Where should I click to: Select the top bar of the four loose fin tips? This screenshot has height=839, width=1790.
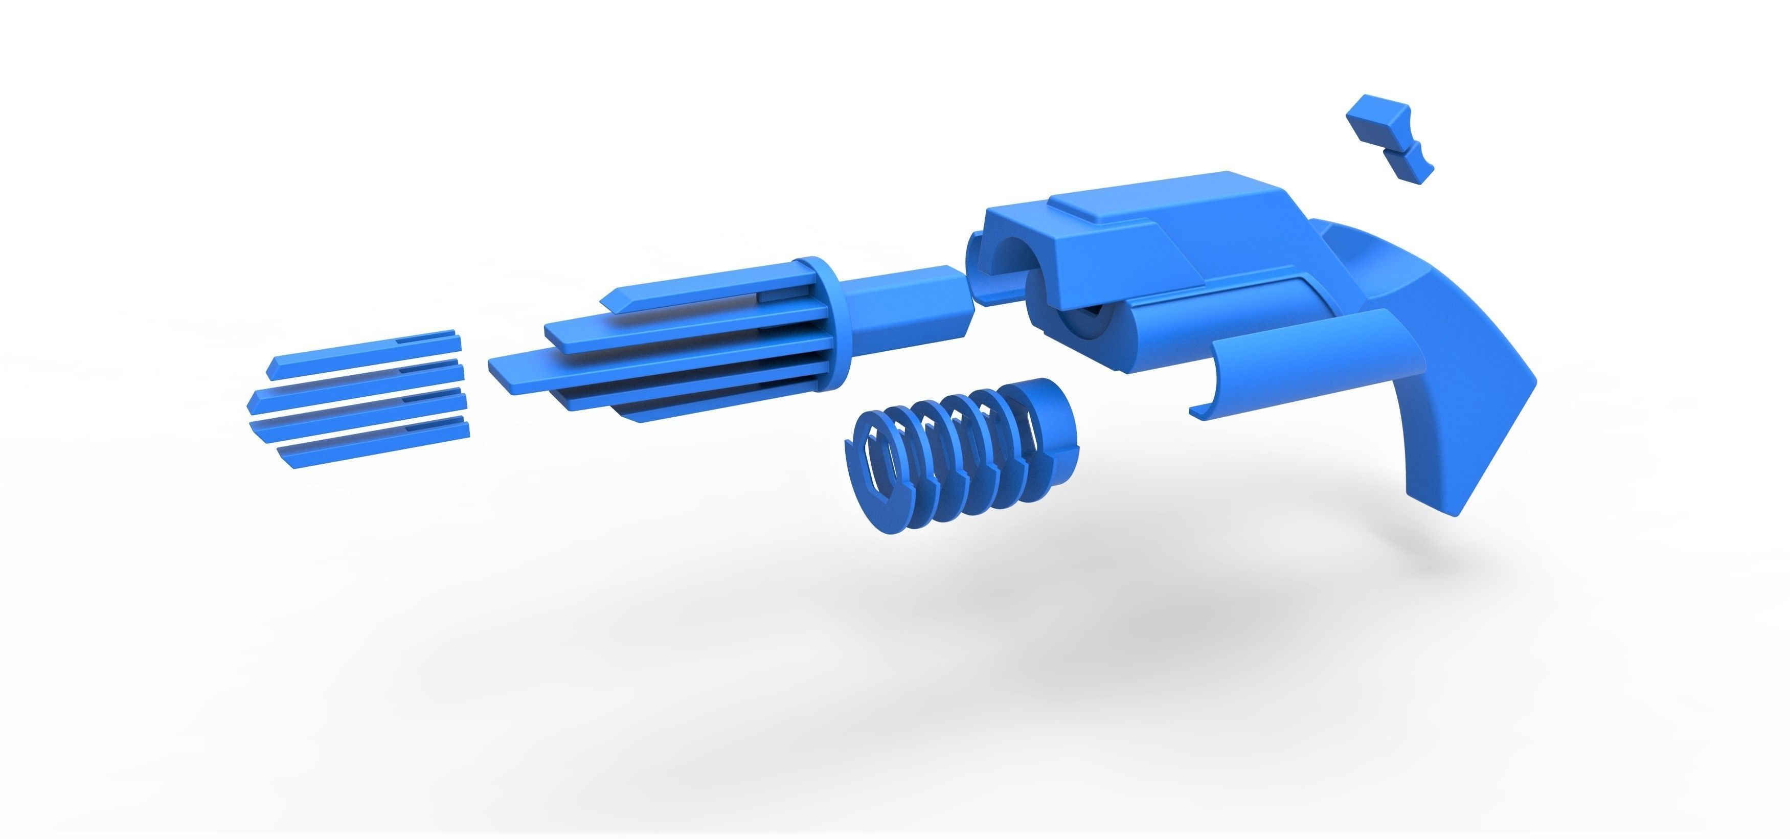[x=361, y=351]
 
